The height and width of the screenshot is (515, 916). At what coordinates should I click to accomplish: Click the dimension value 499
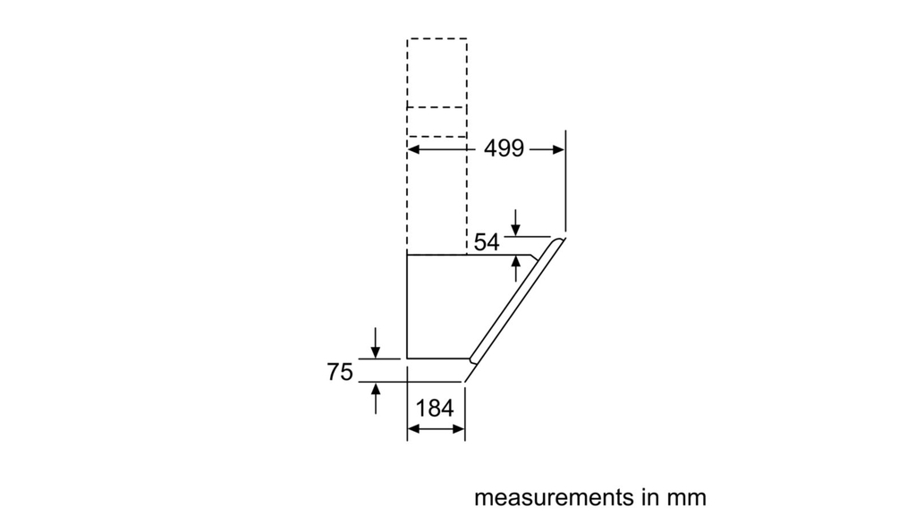pos(504,149)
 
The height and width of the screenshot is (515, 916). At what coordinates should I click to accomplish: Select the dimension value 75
pos(340,372)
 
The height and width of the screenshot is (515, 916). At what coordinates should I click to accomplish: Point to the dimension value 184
pos(436,409)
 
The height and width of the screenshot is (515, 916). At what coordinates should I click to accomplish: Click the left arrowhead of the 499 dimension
pos(412,149)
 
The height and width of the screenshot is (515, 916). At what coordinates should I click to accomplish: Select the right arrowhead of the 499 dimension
pos(560,149)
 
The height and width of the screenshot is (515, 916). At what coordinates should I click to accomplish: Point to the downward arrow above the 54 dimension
pos(515,230)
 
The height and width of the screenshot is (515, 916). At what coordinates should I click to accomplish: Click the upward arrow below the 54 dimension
pos(515,262)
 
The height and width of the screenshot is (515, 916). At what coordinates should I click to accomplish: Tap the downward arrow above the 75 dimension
pos(376,351)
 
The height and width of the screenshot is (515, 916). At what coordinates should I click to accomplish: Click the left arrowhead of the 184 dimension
pos(412,430)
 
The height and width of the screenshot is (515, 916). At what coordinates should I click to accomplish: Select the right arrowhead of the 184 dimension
pos(460,430)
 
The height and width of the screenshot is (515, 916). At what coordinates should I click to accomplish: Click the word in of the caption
pos(641,496)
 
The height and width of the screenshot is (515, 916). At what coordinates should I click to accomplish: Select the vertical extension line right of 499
pos(565,179)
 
